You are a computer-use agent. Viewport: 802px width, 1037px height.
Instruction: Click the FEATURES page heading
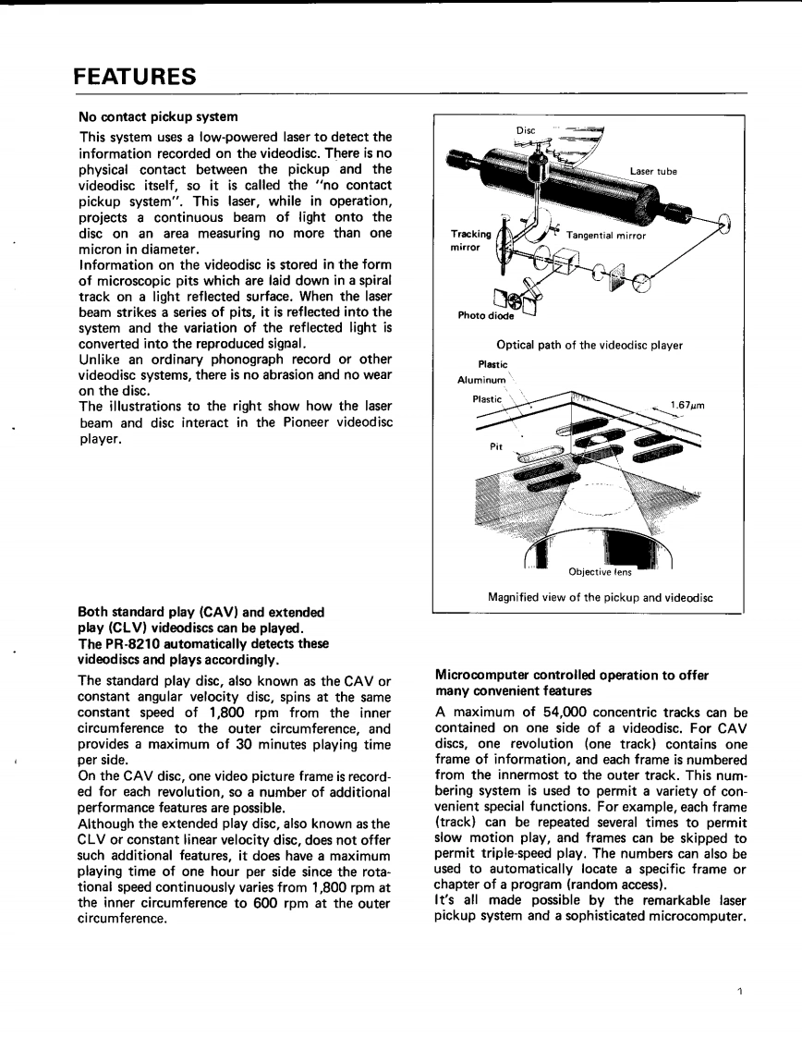click(135, 77)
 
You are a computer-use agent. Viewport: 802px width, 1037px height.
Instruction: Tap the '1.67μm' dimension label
click(687, 404)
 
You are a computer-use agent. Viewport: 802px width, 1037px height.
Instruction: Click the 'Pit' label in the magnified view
click(496, 445)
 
